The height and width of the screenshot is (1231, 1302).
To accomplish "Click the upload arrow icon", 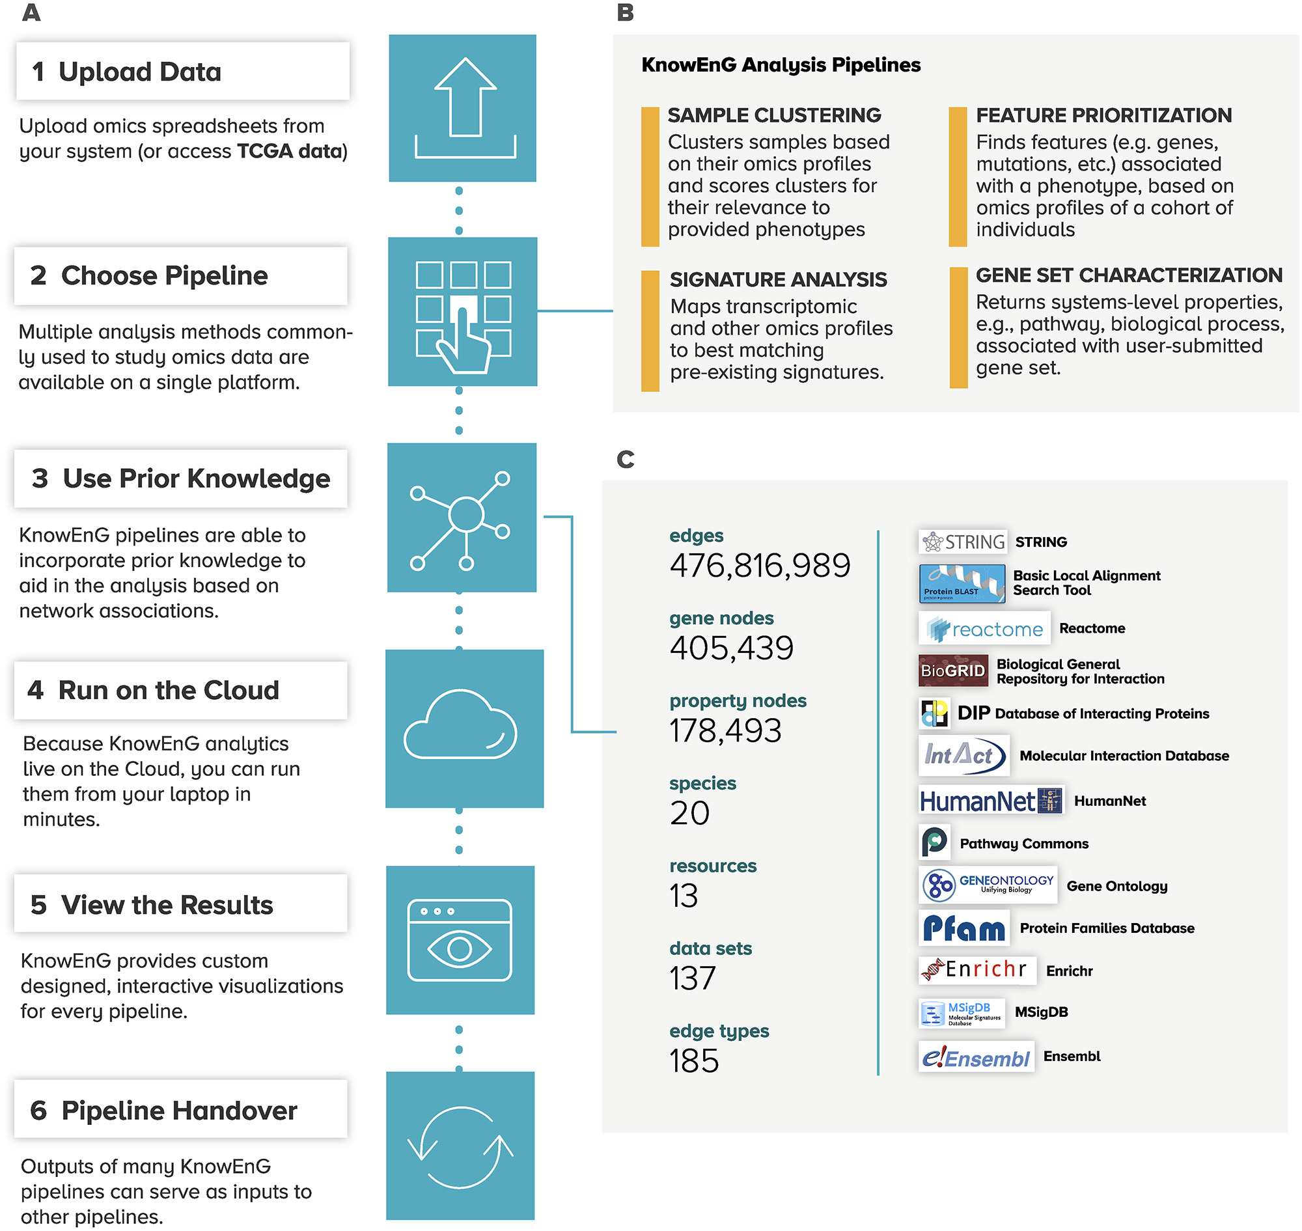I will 465,106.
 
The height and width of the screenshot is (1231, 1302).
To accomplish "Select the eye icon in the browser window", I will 460,948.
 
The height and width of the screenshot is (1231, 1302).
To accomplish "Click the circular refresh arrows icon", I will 460,1147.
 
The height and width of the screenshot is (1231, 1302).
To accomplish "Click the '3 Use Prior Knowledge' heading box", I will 180,478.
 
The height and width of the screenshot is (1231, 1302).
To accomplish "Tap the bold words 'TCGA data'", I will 291,151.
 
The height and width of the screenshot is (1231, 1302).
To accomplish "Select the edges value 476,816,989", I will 759,566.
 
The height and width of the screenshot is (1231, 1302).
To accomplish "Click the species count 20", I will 689,813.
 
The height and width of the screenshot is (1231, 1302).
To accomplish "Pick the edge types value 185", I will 694,1060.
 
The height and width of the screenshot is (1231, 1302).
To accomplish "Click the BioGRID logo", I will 953,670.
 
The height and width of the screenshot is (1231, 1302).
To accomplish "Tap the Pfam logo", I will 963,927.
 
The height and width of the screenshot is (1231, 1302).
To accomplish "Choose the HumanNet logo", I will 990,801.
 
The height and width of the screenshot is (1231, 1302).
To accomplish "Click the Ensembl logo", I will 976,1057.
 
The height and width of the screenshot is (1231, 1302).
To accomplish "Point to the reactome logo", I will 984,629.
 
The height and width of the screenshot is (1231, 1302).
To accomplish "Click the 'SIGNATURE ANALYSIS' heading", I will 779,279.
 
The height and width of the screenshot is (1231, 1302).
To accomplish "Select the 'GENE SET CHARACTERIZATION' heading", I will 1129,275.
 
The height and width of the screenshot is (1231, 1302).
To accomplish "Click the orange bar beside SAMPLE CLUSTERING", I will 650,176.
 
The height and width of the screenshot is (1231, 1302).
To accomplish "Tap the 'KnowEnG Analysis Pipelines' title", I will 781,65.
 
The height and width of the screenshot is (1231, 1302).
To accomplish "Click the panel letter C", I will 626,459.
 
